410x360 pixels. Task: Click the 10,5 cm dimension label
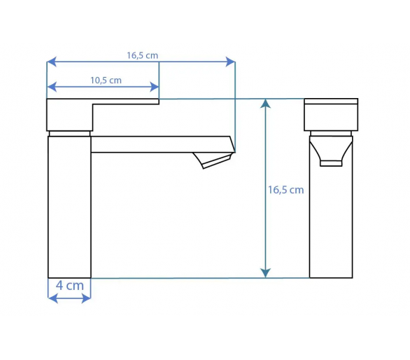tap(106, 80)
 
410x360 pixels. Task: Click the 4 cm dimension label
tap(70, 285)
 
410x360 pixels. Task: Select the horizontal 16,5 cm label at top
tap(143, 55)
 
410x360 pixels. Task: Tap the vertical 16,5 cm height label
tap(285, 190)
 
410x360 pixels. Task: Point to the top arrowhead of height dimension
tap(265, 104)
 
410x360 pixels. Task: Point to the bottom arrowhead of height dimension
tap(265, 273)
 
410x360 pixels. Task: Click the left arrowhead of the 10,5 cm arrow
tap(52, 87)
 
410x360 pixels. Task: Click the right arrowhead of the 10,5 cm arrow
tap(154, 87)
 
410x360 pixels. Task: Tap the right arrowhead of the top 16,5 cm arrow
tap(230, 62)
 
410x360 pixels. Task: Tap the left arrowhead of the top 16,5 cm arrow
tap(52, 62)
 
